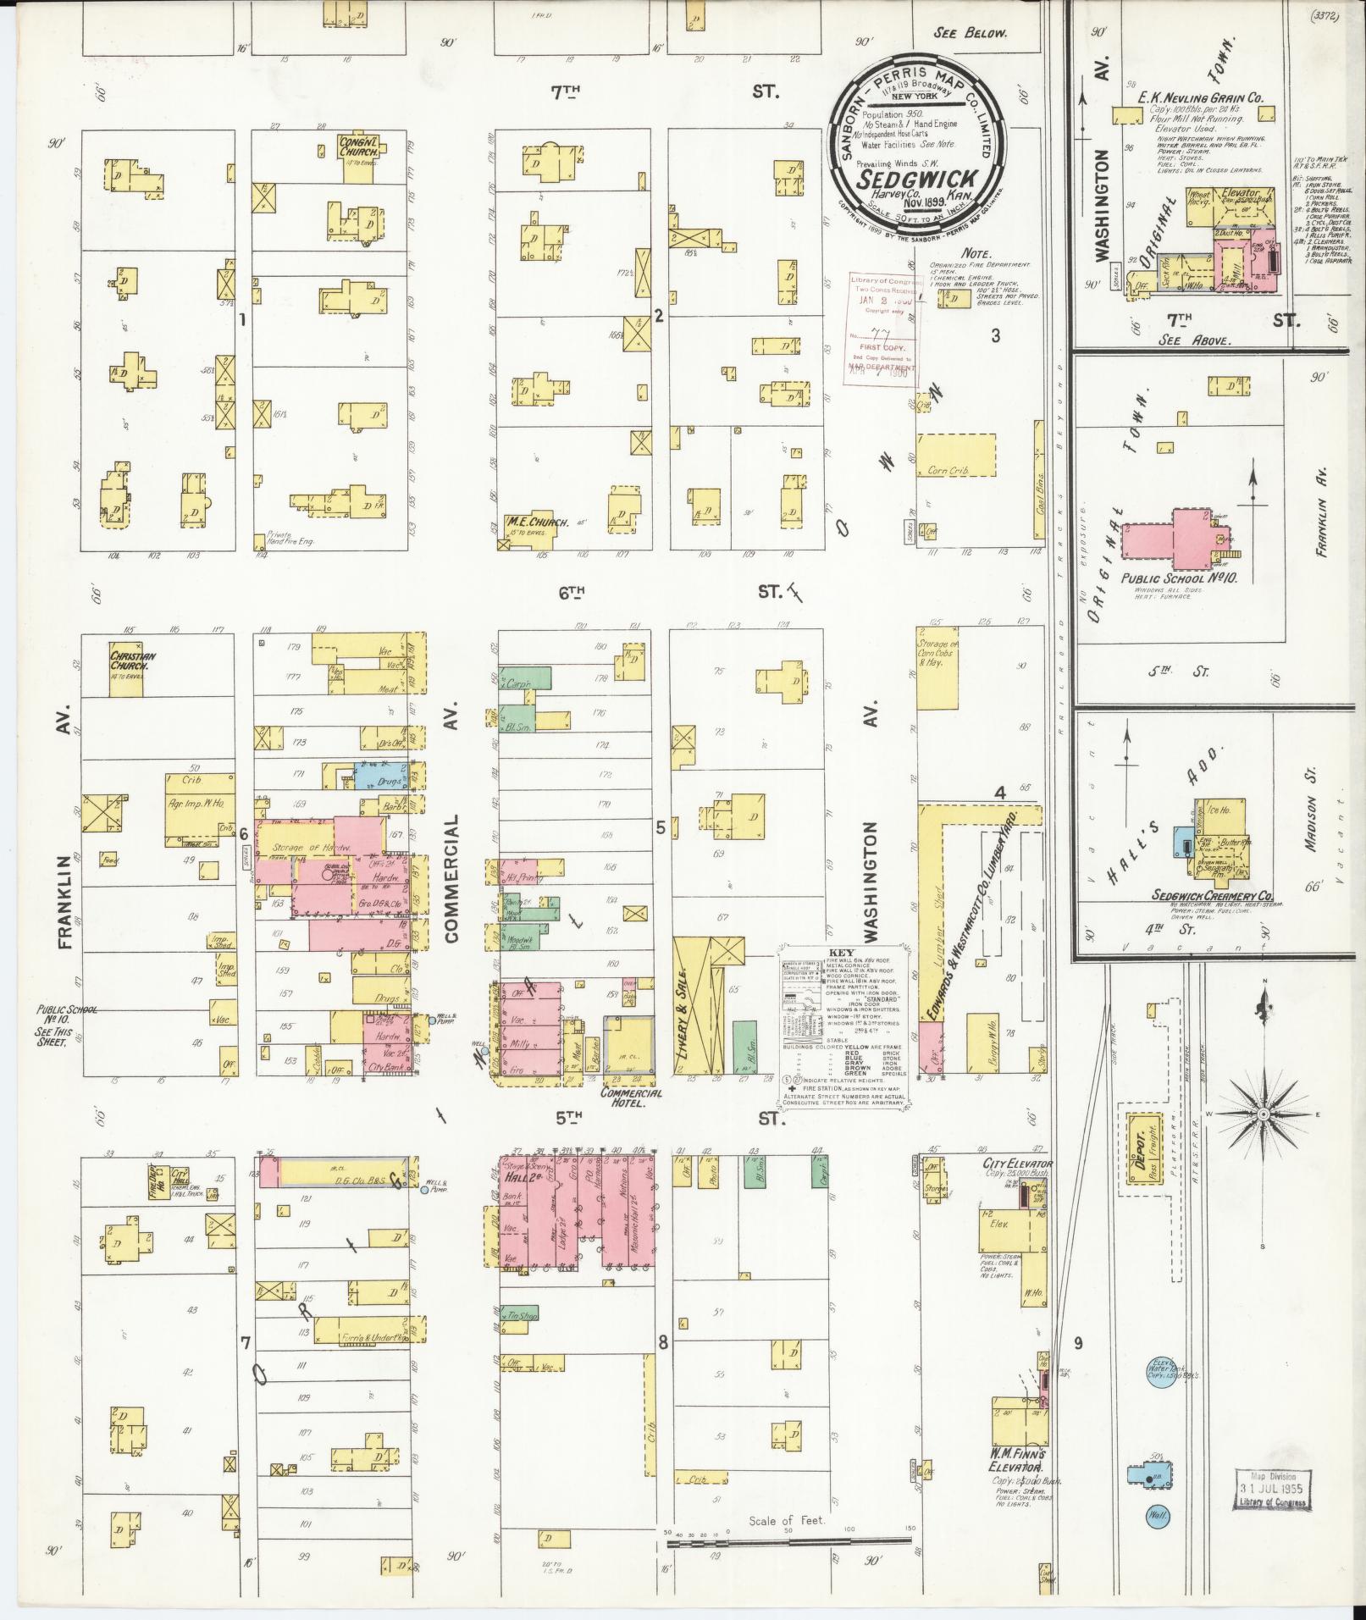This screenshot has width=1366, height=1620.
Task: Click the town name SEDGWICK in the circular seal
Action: click(920, 180)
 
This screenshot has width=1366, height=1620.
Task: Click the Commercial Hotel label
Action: click(631, 1098)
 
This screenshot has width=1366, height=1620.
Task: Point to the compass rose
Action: click(1263, 1114)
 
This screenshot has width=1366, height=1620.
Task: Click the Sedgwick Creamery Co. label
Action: click(1212, 895)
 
